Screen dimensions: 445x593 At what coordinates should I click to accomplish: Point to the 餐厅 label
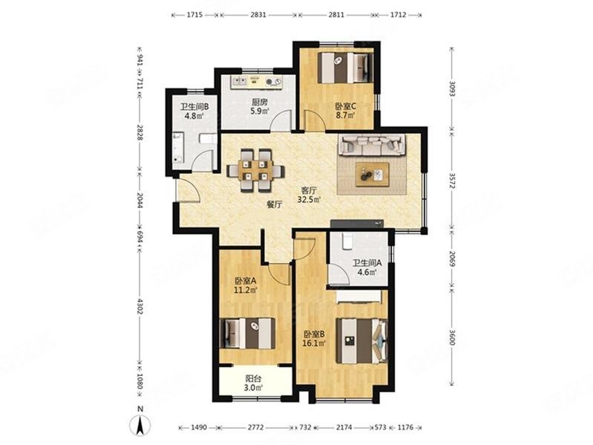[x=273, y=206]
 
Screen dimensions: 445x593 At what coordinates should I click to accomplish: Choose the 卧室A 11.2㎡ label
[x=245, y=285]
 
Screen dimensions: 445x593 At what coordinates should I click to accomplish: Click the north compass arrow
[x=139, y=423]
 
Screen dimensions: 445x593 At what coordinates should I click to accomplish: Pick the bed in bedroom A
[x=249, y=333]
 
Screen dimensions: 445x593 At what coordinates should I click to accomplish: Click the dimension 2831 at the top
[x=258, y=14]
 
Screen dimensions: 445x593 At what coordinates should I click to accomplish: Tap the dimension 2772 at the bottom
[x=255, y=427]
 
